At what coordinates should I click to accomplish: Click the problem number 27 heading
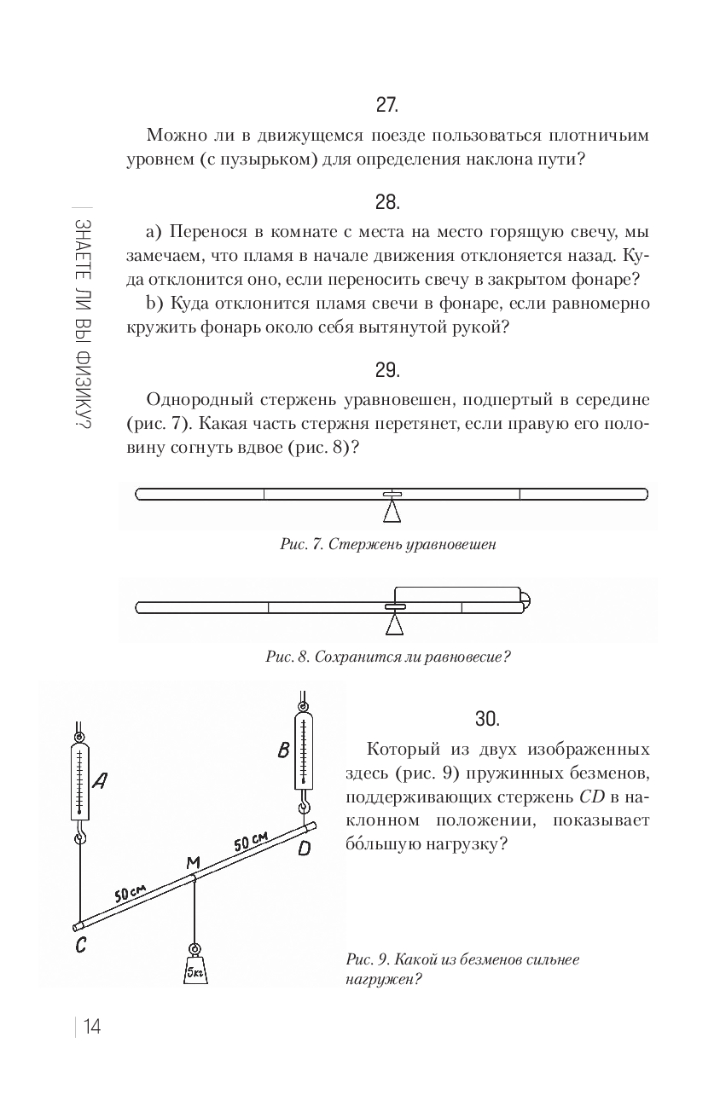pyautogui.click(x=387, y=105)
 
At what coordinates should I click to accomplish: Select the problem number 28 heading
pyautogui.click(x=387, y=203)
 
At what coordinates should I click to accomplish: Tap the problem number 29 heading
pyautogui.click(x=387, y=370)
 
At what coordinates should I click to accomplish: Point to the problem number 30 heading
pyautogui.click(x=487, y=719)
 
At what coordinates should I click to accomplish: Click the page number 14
pyautogui.click(x=92, y=1037)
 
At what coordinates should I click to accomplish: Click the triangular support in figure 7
pyautogui.click(x=392, y=512)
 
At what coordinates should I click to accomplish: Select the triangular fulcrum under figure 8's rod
pyautogui.click(x=394, y=624)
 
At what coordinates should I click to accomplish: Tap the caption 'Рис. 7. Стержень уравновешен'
pyautogui.click(x=388, y=544)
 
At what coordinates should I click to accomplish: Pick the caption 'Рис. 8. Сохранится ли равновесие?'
pyautogui.click(x=388, y=657)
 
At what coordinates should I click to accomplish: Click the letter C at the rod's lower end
pyautogui.click(x=81, y=944)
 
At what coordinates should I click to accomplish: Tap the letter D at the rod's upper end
pyautogui.click(x=304, y=848)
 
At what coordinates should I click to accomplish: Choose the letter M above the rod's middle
pyautogui.click(x=193, y=862)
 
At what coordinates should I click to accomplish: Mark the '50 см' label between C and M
pyautogui.click(x=131, y=893)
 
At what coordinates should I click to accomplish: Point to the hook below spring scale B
pyautogui.click(x=304, y=808)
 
